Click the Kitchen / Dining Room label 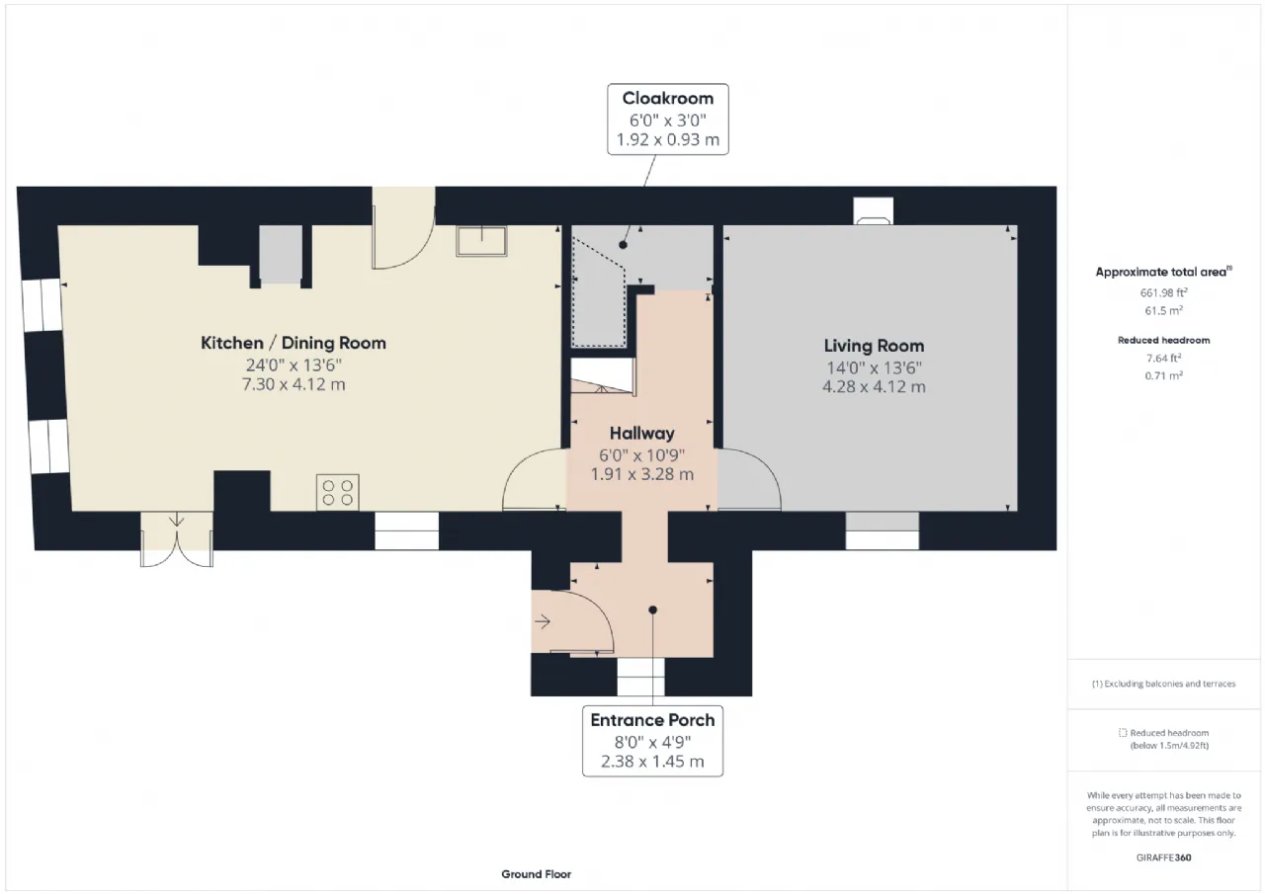[294, 343]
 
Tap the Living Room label [874, 346]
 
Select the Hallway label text [642, 434]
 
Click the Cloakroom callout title [667, 98]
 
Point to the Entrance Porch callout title [652, 720]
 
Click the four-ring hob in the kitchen [338, 493]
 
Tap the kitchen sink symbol [481, 241]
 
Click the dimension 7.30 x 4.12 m [294, 384]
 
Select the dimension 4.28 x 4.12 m [874, 386]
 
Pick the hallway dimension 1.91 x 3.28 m [642, 474]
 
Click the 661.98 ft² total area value [1163, 292]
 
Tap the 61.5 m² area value [1163, 310]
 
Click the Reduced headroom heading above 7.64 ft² [1163, 341]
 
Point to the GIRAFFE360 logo [1163, 857]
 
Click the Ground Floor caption [536, 874]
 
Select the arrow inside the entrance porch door [543, 622]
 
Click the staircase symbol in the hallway [603, 376]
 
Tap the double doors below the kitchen [177, 539]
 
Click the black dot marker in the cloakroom [623, 245]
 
